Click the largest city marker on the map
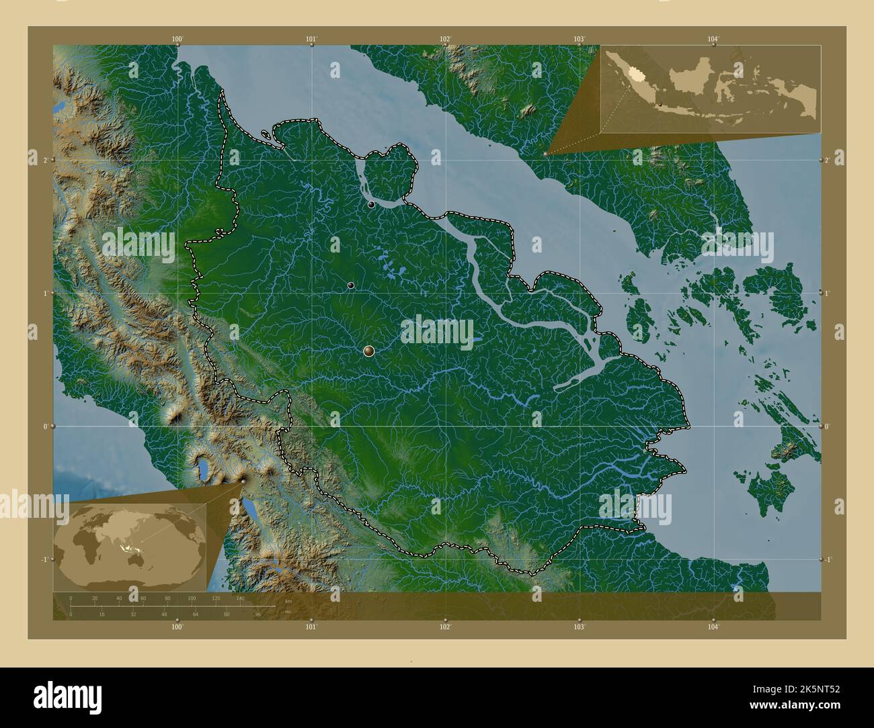click(x=368, y=351)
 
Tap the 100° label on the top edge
click(x=177, y=39)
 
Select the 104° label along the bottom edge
click(x=713, y=627)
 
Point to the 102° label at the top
click(x=445, y=39)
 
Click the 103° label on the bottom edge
click(x=580, y=627)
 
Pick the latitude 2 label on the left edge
click(x=44, y=160)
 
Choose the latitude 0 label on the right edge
click(x=829, y=426)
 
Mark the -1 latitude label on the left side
click(x=43, y=559)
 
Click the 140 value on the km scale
click(x=240, y=598)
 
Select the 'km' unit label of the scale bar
click(x=288, y=601)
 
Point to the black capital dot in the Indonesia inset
click(x=661, y=104)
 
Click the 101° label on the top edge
click(x=311, y=39)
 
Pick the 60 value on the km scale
click(x=143, y=598)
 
